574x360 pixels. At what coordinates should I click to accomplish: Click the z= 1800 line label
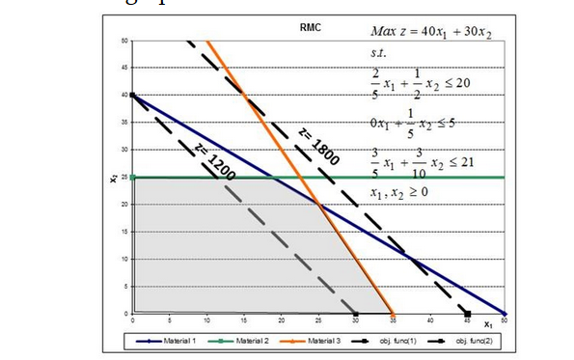pyautogui.click(x=317, y=144)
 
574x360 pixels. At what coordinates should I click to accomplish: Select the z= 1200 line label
pyautogui.click(x=215, y=162)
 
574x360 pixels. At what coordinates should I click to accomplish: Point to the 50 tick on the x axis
pyautogui.click(x=504, y=319)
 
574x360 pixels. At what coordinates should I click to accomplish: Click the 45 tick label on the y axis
pyautogui.click(x=124, y=68)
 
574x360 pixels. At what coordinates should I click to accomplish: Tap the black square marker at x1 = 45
pyautogui.click(x=467, y=314)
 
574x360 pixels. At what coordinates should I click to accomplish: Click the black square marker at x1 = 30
pyautogui.click(x=356, y=314)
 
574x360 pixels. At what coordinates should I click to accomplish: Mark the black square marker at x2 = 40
pyautogui.click(x=132, y=95)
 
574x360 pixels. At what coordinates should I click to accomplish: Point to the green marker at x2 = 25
pyautogui.click(x=132, y=177)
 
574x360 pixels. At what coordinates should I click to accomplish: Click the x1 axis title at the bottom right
pyautogui.click(x=488, y=323)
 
